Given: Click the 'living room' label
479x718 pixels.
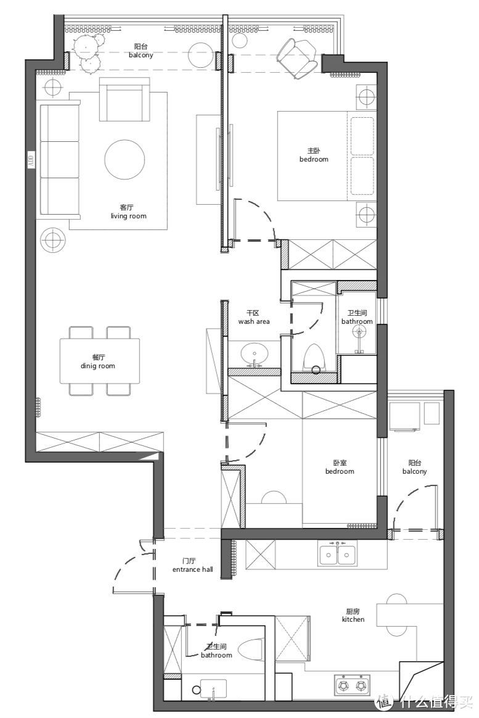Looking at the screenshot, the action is [x=129, y=216].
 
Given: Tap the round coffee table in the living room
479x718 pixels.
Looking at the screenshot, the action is [x=125, y=160].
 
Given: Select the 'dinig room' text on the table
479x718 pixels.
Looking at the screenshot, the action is [x=98, y=366].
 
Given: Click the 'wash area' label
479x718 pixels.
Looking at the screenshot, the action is [x=254, y=321].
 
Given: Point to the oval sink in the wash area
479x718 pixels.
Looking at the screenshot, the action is [x=255, y=353].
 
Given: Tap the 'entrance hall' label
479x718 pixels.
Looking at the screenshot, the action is [x=192, y=569].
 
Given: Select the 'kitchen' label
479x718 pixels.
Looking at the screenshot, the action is [x=353, y=619].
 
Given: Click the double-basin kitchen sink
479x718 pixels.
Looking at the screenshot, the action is [x=338, y=553].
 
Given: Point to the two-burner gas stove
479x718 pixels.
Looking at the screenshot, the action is [x=352, y=685].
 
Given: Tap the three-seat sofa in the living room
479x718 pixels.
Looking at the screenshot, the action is [x=60, y=159].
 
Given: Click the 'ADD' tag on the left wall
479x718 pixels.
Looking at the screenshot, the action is [x=31, y=160].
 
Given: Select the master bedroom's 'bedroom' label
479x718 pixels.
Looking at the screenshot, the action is [x=314, y=159].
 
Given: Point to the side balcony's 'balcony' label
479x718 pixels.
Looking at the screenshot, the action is [x=414, y=471].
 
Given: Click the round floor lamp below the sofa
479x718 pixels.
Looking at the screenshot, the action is [x=52, y=239].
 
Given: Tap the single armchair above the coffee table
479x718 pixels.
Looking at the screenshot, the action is [x=125, y=99].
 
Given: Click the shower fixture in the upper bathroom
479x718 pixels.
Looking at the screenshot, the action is [x=358, y=341].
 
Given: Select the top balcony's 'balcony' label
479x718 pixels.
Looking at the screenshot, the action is [x=141, y=55].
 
